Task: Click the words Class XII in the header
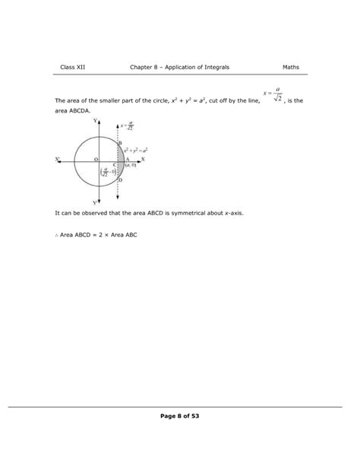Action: click(x=73, y=68)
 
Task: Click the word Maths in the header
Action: click(x=289, y=68)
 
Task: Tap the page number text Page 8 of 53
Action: click(x=180, y=416)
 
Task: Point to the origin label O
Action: click(x=96, y=158)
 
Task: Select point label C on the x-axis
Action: click(x=114, y=165)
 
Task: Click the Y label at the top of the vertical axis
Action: click(x=95, y=121)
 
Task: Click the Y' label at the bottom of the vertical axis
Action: click(x=95, y=203)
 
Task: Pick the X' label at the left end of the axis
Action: click(x=58, y=159)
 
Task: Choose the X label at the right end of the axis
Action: click(x=144, y=159)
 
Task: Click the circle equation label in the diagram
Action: click(x=135, y=151)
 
